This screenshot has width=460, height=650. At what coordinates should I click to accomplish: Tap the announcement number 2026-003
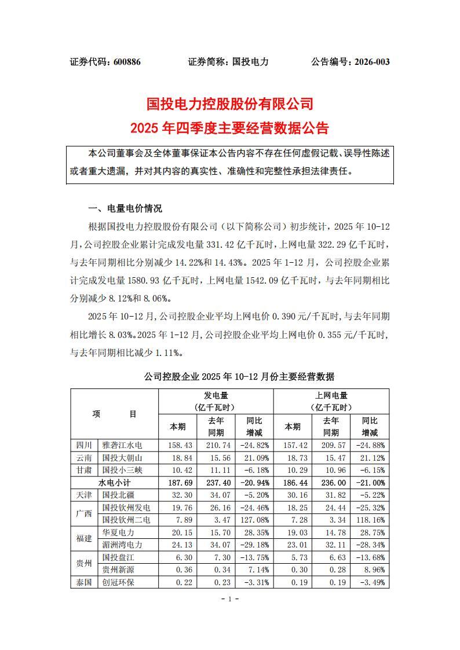(368, 62)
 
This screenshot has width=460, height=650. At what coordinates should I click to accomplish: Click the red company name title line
(230, 104)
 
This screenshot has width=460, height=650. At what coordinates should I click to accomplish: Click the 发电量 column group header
(215, 396)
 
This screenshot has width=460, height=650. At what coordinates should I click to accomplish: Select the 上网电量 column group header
(331, 396)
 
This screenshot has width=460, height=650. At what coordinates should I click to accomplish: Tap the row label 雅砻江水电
(122, 445)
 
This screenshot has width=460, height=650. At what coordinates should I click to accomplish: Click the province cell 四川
(84, 445)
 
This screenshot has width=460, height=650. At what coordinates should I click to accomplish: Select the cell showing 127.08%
(255, 519)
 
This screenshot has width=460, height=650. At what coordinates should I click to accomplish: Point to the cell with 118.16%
(371, 519)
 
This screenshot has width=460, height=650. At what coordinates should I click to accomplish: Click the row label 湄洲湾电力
(122, 545)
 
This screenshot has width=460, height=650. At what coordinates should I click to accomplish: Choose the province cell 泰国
(84, 582)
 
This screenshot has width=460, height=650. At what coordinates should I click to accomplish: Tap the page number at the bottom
(230, 599)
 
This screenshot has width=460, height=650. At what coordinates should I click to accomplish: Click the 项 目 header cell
(114, 414)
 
